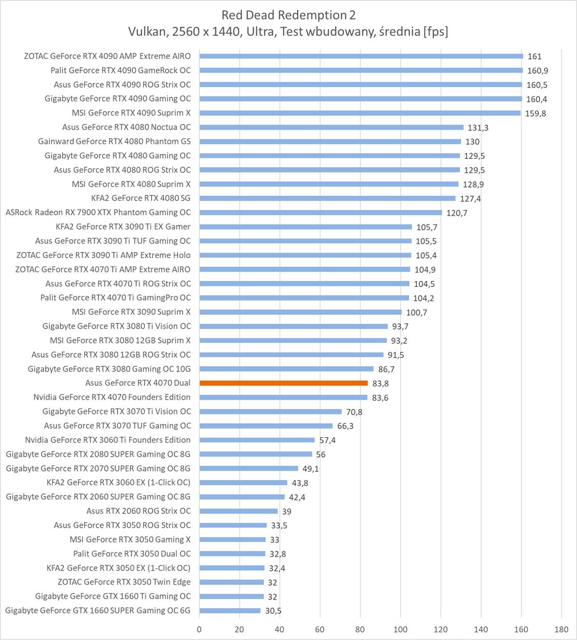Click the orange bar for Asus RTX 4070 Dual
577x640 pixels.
(x=283, y=383)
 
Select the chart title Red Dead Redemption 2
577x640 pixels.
(x=288, y=15)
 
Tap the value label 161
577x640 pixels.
(x=534, y=56)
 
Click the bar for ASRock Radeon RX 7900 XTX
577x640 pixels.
(x=320, y=212)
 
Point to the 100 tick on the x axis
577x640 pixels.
(x=400, y=629)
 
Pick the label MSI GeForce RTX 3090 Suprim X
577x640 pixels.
(x=131, y=312)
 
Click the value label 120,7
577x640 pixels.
(x=457, y=213)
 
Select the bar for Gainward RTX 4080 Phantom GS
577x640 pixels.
(x=330, y=141)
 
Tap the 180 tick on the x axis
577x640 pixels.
(x=562, y=629)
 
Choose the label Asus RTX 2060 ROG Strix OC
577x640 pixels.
(x=138, y=511)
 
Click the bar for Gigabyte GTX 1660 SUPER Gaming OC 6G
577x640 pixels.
(x=230, y=610)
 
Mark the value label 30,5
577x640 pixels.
(x=273, y=611)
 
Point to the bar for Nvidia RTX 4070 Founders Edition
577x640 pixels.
(x=283, y=397)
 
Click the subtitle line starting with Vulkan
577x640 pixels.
(x=288, y=32)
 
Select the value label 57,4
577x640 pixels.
(x=327, y=440)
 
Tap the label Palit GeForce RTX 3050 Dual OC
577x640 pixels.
(x=132, y=553)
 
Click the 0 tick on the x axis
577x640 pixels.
(x=199, y=629)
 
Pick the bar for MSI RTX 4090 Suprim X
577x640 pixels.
(x=360, y=113)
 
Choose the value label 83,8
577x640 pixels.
(x=380, y=383)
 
